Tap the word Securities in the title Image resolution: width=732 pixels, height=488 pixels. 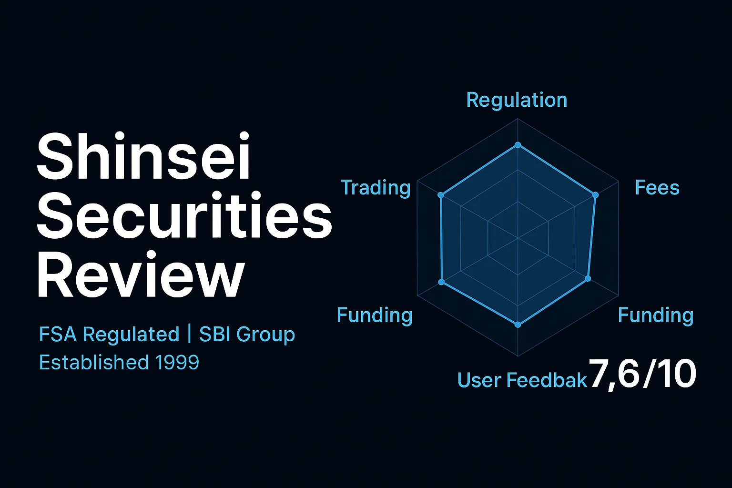[x=184, y=217]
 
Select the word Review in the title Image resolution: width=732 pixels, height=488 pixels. [x=141, y=276]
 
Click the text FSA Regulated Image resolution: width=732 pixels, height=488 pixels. [x=109, y=335]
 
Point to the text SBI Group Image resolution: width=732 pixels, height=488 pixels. [x=247, y=335]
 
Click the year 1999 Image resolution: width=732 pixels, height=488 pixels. [x=177, y=363]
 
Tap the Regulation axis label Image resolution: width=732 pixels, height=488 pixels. [x=517, y=100]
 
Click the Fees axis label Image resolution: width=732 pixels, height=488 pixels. [x=657, y=188]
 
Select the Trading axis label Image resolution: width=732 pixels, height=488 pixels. [x=376, y=188]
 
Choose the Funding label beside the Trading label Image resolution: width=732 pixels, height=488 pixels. [x=375, y=315]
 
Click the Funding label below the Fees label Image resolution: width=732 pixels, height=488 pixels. [x=656, y=315]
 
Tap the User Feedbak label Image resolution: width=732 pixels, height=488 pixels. [x=522, y=380]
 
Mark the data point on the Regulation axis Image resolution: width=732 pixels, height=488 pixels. [x=518, y=145]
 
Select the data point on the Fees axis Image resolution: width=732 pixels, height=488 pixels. [x=595, y=195]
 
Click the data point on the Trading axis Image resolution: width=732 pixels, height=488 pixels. [x=441, y=195]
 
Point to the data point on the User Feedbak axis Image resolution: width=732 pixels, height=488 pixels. [x=518, y=325]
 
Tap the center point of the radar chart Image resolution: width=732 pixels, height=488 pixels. [x=518, y=237]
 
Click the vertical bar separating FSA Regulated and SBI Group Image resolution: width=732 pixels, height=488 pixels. [x=189, y=335]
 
